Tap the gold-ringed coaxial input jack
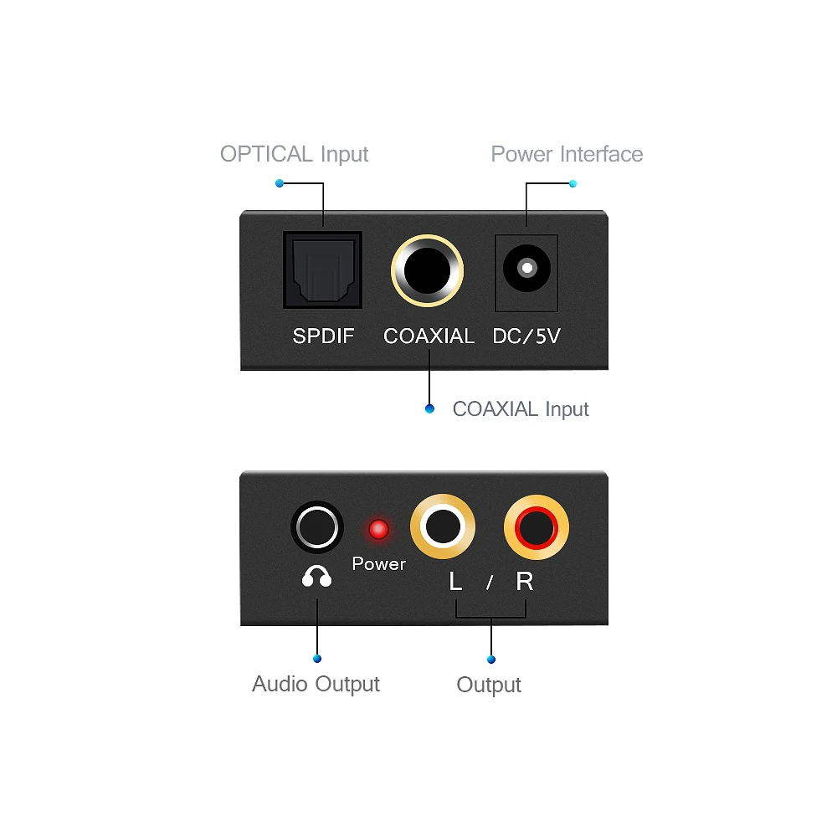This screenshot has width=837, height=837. pos(428,270)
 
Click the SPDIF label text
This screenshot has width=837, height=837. pos(323,336)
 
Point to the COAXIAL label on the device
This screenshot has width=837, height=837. pos(429,336)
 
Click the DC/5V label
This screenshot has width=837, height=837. pos(526,336)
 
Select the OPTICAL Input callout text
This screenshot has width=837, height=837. pos(294,154)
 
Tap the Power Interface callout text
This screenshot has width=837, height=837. pos(567,154)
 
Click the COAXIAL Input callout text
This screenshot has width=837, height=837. pos(521,409)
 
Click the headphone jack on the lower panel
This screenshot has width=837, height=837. pos(317,528)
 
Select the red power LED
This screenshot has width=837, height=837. pos(378,529)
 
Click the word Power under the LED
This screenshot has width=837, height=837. pos(378,564)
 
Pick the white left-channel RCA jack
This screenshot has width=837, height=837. pos(443,528)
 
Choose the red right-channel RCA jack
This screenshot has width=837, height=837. pos(537,528)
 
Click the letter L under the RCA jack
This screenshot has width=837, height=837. pos(455,582)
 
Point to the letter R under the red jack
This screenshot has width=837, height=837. pos(525,582)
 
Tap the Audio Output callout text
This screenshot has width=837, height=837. pos(316,684)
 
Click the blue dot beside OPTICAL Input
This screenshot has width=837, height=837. pos(279,182)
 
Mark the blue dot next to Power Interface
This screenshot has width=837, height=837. pos(573,182)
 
